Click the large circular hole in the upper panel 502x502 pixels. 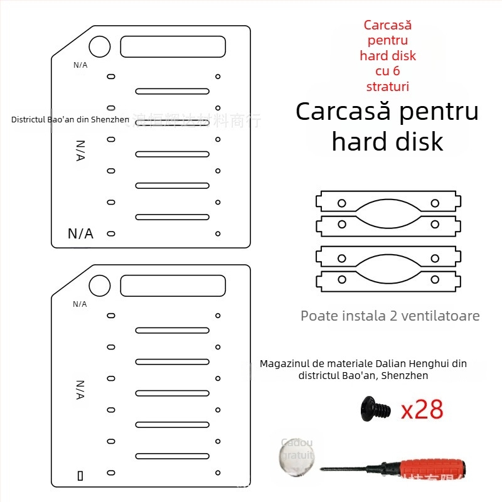pos(100,46)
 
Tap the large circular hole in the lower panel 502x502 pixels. pos(100,286)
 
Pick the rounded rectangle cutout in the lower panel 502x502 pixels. pos(173,286)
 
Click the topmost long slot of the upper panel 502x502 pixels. pos(173,92)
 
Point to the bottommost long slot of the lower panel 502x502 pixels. pos(173,456)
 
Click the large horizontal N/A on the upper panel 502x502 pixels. pos(80,234)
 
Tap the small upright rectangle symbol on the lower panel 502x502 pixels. pos(80,476)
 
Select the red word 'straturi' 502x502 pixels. pos(387,86)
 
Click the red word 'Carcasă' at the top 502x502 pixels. pos(387,26)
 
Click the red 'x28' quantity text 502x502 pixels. pos(422,410)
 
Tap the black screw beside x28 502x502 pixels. pos(371,409)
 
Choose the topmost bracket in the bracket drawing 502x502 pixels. pos(388,203)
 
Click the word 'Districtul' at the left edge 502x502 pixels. pos(29,119)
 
